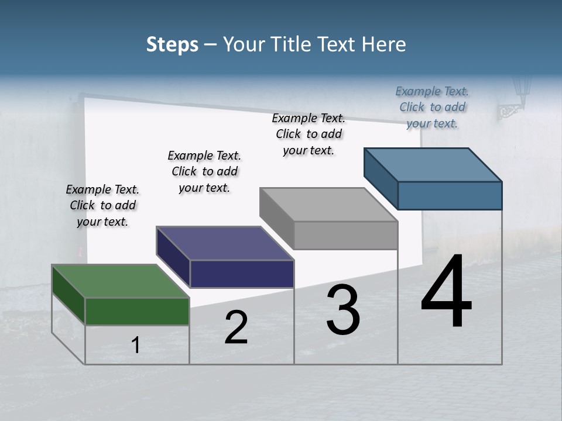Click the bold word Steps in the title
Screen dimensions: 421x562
172,44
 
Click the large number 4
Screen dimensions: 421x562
447,293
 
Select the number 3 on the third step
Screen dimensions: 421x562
343,310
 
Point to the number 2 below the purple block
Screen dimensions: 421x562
236,327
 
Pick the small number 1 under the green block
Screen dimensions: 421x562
136,346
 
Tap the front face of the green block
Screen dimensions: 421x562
137,311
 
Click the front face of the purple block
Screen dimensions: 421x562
242,274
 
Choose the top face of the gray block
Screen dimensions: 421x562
328,205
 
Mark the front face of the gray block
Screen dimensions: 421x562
345,236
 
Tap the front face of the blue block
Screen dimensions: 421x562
450,195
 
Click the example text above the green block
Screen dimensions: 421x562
102,205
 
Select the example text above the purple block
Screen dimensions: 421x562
204,171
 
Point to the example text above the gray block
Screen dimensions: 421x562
309,134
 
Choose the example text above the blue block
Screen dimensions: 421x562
432,107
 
